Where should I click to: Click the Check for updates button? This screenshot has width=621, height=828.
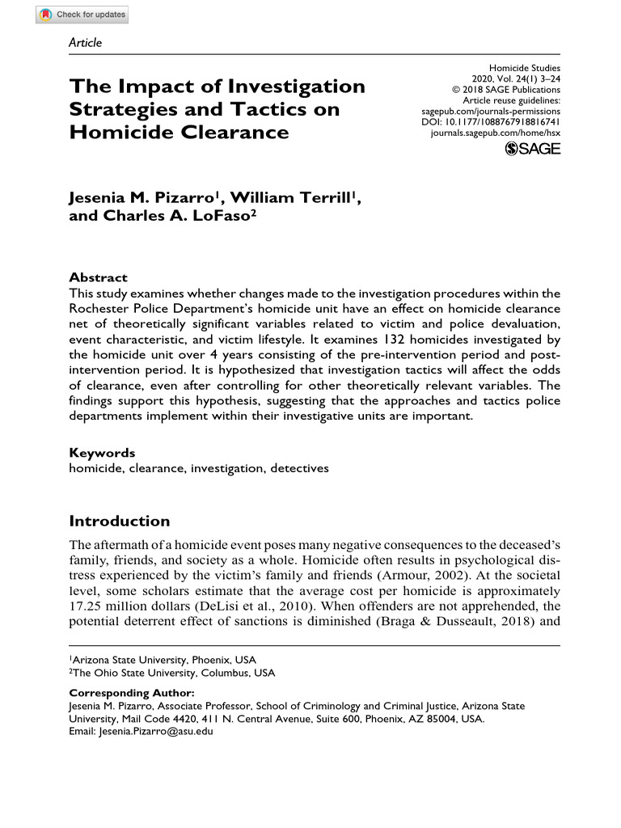(82, 15)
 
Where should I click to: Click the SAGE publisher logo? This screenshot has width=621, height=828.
(532, 149)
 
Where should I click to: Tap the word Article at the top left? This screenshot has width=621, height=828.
(86, 42)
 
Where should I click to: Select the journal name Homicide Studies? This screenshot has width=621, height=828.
(525, 69)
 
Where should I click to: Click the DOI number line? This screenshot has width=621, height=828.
(492, 121)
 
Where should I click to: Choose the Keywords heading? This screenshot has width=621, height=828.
(102, 453)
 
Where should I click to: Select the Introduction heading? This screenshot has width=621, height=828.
(120, 521)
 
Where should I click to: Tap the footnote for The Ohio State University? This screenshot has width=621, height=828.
(173, 672)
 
